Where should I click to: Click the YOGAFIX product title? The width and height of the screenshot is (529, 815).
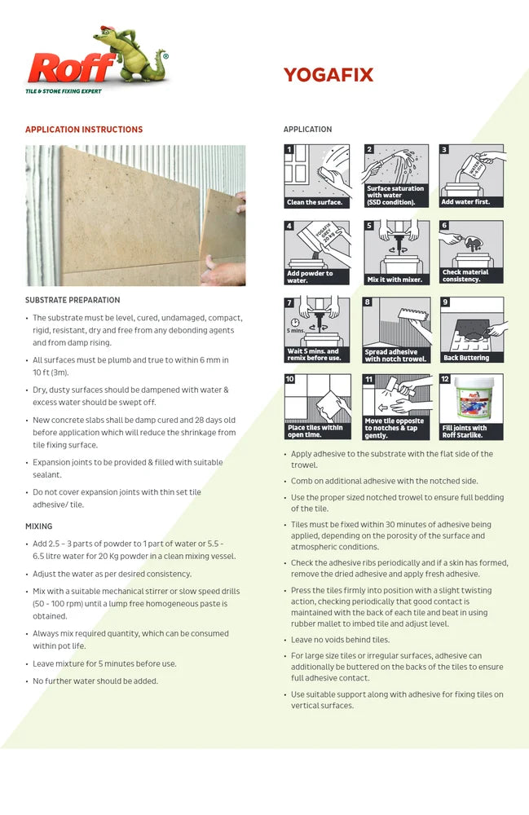coord(328,76)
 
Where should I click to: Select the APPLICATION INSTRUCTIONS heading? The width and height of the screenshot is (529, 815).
coord(84,130)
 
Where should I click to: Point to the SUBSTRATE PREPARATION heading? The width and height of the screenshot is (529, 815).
coord(73,300)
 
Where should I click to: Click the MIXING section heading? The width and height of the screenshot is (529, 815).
coord(38,526)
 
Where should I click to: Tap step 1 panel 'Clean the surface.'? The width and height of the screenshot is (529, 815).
coord(316,176)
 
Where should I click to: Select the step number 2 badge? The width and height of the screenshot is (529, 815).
coord(369,150)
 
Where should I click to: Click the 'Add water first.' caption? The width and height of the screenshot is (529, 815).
coord(465,202)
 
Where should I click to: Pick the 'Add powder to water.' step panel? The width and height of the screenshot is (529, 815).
coord(316,253)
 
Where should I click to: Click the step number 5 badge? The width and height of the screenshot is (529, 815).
coord(369,226)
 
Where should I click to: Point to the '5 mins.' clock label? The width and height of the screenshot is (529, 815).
coord(295,331)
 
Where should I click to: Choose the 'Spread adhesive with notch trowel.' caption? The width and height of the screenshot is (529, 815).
coord(395,355)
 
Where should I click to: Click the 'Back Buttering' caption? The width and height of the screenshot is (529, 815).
coord(466,358)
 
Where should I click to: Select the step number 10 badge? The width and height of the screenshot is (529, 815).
coord(290,379)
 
